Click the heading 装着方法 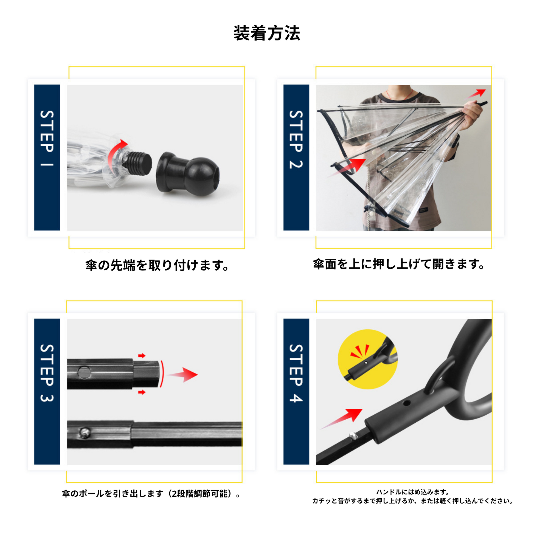click(x=267, y=33)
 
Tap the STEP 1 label click(x=47, y=138)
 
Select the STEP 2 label click(x=296, y=139)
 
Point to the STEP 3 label click(x=47, y=373)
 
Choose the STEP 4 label click(x=296, y=373)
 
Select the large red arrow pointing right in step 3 click(x=183, y=375)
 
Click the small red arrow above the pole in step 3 click(x=142, y=355)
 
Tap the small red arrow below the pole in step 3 click(x=142, y=392)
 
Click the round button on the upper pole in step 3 click(x=84, y=372)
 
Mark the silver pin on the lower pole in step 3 click(x=84, y=432)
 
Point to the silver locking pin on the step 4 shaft click(x=353, y=436)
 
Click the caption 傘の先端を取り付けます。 click(x=157, y=265)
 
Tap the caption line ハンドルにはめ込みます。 click(x=413, y=492)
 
